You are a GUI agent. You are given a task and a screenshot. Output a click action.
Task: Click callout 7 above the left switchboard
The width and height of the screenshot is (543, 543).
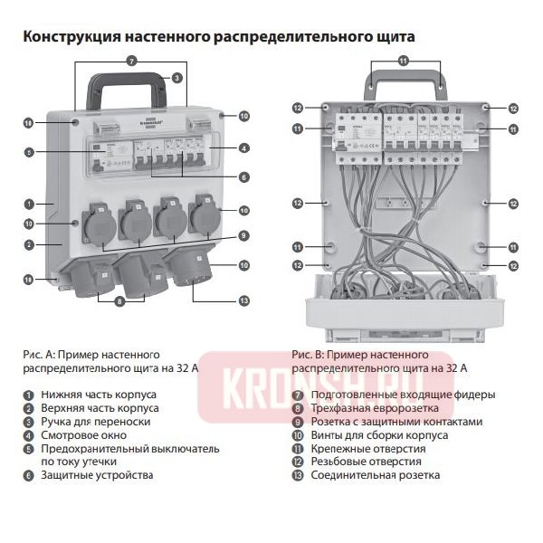pyautogui.click(x=131, y=61)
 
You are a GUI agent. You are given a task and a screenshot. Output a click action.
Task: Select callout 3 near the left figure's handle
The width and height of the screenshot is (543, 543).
pyautogui.click(x=177, y=78)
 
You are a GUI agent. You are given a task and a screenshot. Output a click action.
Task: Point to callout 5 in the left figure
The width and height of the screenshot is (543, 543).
pyautogui.click(x=29, y=153)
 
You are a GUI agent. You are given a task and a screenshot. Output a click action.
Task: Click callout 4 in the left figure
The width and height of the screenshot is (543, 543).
pyautogui.click(x=244, y=148)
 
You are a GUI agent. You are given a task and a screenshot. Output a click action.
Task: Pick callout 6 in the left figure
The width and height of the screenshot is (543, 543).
pyautogui.click(x=244, y=176)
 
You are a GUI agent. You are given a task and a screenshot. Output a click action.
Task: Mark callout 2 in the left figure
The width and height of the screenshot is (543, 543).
pyautogui.click(x=29, y=244)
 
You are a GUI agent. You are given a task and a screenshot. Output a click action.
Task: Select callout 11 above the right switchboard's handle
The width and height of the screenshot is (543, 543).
pyautogui.click(x=404, y=61)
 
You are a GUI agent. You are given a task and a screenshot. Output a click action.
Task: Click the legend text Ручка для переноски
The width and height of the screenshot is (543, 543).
pyautogui.click(x=87, y=421)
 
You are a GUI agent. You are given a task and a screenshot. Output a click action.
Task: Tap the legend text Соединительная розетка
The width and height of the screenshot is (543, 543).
pyautogui.click(x=376, y=474)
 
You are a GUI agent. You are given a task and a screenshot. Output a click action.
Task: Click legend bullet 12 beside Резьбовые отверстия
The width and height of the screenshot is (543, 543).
pyautogui.click(x=297, y=462)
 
